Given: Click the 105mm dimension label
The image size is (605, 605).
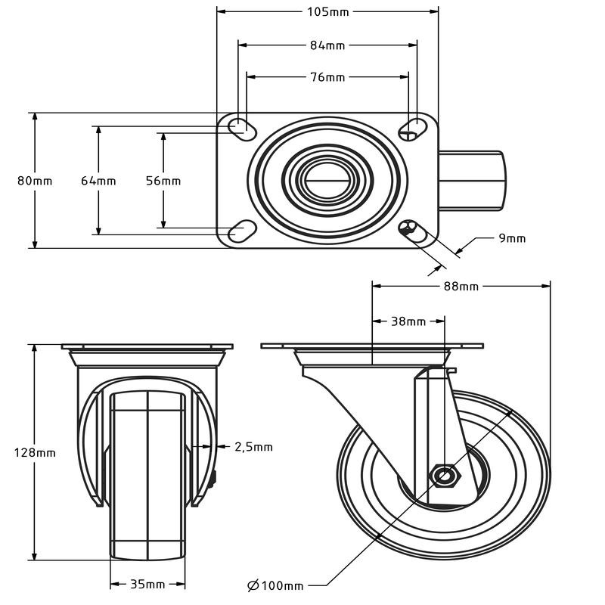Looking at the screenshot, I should pos(327,11).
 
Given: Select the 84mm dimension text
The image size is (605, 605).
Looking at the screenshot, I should pos(327,45).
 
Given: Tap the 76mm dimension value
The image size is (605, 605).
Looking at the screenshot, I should pos(327,77).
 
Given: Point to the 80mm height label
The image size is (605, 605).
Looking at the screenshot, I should pos(35,181).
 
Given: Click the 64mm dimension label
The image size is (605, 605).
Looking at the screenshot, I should pos(98,181).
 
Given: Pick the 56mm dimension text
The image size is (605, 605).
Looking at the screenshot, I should pos(163,181).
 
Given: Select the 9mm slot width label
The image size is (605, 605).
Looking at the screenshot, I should pos(512,238).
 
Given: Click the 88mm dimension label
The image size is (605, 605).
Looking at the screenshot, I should pos(461,286).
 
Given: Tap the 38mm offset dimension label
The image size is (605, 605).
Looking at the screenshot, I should pos(408,321).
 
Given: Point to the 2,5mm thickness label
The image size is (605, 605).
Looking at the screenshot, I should pos(254,447).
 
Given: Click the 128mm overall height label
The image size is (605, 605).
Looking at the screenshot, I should pos(35,453).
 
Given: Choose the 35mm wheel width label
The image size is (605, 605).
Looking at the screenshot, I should pos(147,585).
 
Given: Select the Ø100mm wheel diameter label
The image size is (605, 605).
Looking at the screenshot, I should pos(275,585).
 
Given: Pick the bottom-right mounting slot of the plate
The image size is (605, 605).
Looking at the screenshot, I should pos(411,228).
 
